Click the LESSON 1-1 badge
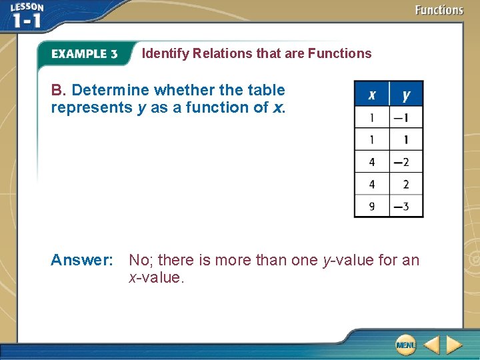click(27, 16)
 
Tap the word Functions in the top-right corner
click(439, 10)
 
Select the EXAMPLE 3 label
click(84, 54)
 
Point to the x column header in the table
click(372, 95)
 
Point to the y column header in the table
click(406, 95)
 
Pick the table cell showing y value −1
click(406, 118)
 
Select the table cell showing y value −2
click(406, 162)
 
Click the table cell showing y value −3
click(406, 206)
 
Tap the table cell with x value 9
click(372, 206)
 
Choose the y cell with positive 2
click(406, 184)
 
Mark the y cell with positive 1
click(406, 140)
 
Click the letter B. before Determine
click(59, 90)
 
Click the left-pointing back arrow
click(431, 345)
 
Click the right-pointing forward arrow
click(455, 345)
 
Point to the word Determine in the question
click(111, 90)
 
